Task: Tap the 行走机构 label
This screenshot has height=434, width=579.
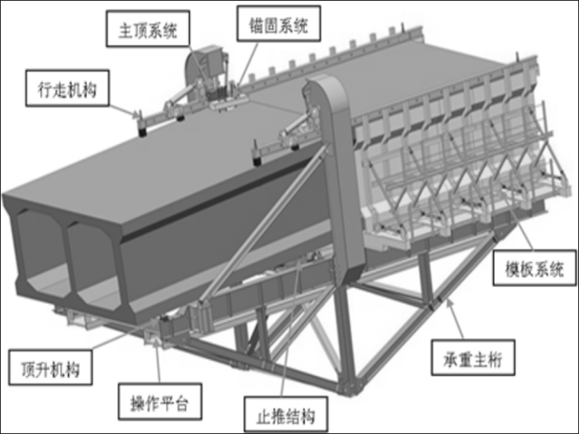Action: coord(67,90)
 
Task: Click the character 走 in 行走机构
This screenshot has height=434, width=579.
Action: coord(59,90)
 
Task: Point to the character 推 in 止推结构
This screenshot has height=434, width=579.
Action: coord(272,416)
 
